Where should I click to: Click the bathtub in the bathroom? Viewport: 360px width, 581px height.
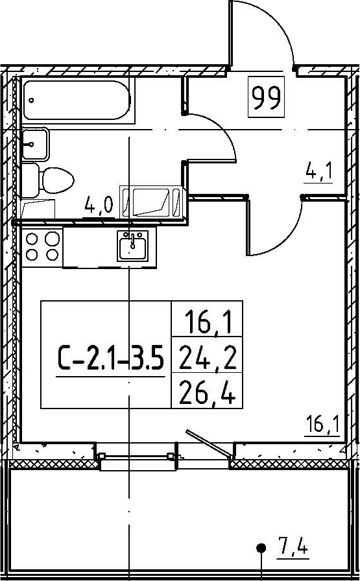point(77,100)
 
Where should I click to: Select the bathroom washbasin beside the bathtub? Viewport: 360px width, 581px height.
point(35,144)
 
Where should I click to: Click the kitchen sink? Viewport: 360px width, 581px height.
point(132,245)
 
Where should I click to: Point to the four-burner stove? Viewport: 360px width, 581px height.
point(42,247)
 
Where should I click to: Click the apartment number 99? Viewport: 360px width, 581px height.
point(266,97)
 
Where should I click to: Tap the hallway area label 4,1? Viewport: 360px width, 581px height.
point(318,173)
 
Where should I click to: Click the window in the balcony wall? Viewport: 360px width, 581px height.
point(136,456)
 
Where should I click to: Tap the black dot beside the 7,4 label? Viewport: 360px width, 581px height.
point(262,547)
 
